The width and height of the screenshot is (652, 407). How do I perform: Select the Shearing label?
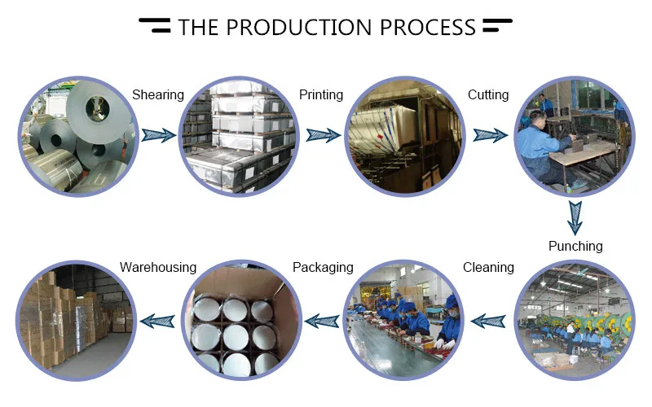tap(158, 95)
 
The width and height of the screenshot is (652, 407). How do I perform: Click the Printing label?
tap(321, 95)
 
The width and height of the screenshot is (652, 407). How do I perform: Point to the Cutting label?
tap(488, 95)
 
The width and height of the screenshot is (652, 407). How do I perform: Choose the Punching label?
tap(575, 246)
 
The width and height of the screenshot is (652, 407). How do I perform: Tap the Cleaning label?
tap(488, 267)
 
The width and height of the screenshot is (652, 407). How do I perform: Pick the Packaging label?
tap(323, 267)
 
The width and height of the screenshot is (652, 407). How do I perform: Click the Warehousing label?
tap(158, 267)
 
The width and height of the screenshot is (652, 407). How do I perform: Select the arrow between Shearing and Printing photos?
tap(158, 135)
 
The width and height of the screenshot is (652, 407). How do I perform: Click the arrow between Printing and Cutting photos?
tap(323, 135)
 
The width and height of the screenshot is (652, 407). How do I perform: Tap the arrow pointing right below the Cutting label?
tap(489, 135)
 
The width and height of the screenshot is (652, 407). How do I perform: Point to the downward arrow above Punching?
tap(575, 216)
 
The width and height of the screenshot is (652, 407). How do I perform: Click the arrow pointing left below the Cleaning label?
tap(489, 322)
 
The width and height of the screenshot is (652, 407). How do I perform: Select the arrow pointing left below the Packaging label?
tap(323, 322)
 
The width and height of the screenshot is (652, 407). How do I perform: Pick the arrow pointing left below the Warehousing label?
tap(158, 322)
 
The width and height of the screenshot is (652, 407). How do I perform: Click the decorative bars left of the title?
tap(155, 26)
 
